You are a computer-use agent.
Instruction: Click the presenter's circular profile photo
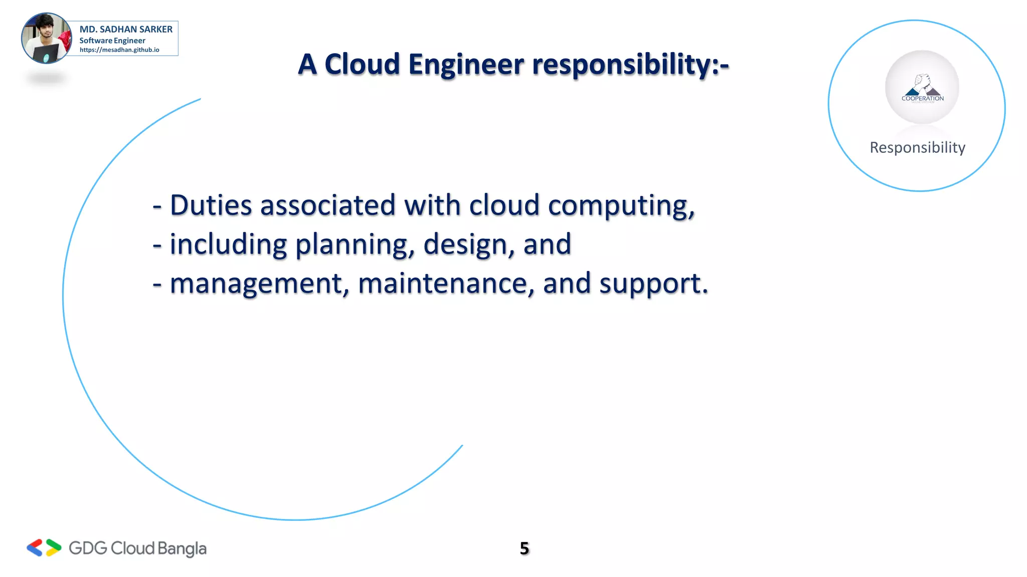pos(47,39)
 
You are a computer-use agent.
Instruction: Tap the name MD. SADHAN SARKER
pos(126,30)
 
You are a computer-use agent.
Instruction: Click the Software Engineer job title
pos(112,41)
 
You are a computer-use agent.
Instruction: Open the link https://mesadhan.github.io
pos(119,50)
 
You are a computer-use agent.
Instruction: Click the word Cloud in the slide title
pos(362,65)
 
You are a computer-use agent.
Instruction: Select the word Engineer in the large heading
pos(466,66)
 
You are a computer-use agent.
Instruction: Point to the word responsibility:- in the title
pos(630,66)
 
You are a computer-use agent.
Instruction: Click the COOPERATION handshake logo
pos(922,88)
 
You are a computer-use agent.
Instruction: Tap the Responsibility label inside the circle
pos(917,148)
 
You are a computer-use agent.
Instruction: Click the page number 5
pos(524,548)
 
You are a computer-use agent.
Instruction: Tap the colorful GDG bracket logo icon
pos(44,548)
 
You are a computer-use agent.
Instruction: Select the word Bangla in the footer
pos(182,549)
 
